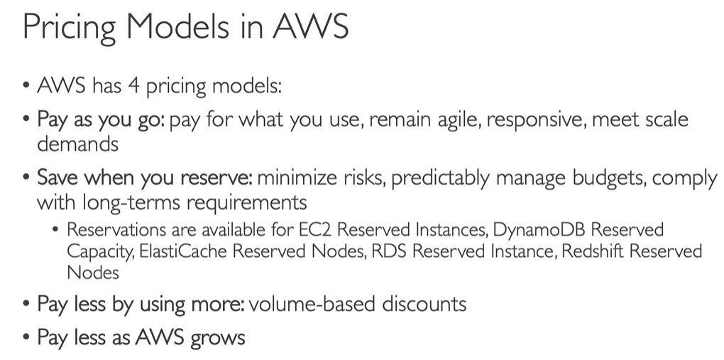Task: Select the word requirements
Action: point(241,203)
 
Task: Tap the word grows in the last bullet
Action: point(218,337)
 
